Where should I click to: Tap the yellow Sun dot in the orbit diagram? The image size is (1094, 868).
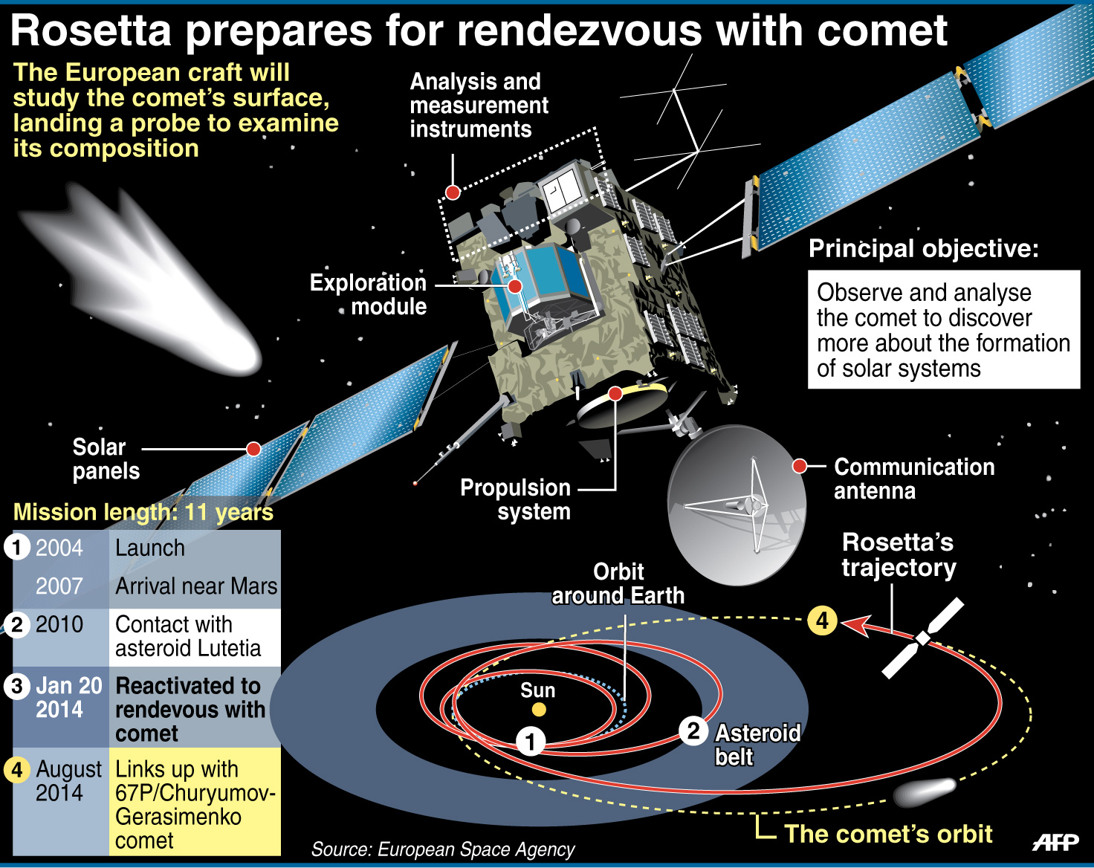538,710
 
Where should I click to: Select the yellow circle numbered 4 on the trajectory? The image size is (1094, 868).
822,621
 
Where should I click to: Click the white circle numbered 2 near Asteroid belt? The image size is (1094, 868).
693,732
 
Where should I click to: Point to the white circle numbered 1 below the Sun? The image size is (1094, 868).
531,742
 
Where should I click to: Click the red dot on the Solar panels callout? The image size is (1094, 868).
253,449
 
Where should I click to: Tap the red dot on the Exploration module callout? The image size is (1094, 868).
515,286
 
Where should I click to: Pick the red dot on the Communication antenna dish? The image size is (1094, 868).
800,466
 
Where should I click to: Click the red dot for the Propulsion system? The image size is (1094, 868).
615,394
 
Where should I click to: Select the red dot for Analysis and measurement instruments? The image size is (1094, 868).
453,192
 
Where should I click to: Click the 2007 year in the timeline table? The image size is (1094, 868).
59,586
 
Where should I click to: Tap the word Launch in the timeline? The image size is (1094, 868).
150,548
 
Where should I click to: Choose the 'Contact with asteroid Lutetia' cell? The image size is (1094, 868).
195,637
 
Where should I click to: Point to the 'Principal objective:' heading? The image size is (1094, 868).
924,249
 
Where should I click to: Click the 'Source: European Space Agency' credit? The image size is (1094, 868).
443,849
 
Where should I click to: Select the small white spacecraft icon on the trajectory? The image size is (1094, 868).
922,638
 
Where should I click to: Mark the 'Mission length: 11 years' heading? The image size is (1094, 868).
143,512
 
